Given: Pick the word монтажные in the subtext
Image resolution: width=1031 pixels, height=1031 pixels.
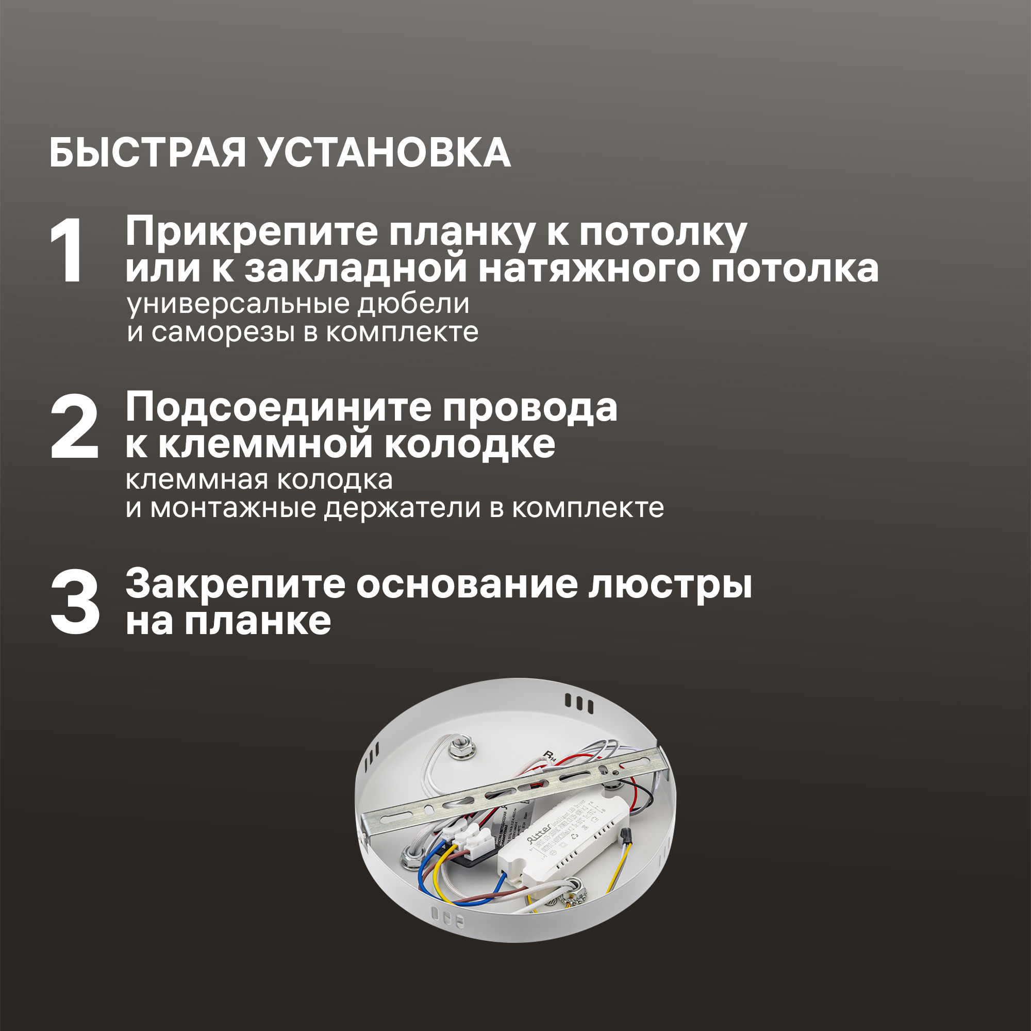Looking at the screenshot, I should point(233,508).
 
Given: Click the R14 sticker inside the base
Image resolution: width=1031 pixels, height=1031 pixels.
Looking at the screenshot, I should point(549,756).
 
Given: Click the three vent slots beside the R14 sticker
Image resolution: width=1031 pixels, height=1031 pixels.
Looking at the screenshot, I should point(579,703).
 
